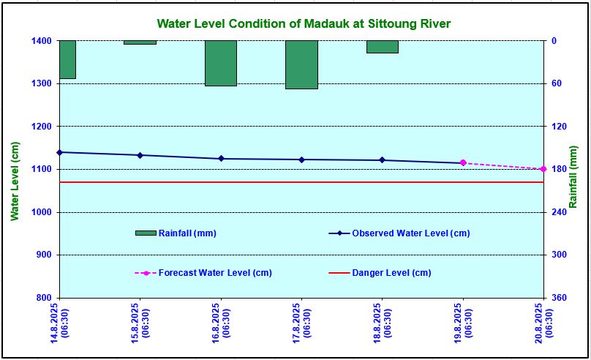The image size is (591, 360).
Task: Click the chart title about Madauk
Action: coord(304,24)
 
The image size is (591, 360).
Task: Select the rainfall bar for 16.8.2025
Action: coord(221,63)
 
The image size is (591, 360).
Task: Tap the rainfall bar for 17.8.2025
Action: coord(301,64)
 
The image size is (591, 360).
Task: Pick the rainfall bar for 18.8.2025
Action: coord(382,47)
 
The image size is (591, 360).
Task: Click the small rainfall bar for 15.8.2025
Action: coord(140,42)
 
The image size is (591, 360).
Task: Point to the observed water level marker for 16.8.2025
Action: coord(221,159)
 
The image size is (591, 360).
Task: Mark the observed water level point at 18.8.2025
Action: coord(382,160)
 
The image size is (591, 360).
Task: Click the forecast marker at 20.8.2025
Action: coord(543,169)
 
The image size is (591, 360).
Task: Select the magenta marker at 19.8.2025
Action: coord(462,163)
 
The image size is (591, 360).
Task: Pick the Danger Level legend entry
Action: coord(391,273)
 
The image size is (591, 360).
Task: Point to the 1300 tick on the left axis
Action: coord(40,83)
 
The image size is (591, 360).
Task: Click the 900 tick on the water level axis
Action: coord(42,255)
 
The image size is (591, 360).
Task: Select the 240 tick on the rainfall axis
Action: coord(558,212)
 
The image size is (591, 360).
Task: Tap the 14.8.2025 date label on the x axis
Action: coord(59,324)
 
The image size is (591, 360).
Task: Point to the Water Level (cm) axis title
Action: coord(14,182)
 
